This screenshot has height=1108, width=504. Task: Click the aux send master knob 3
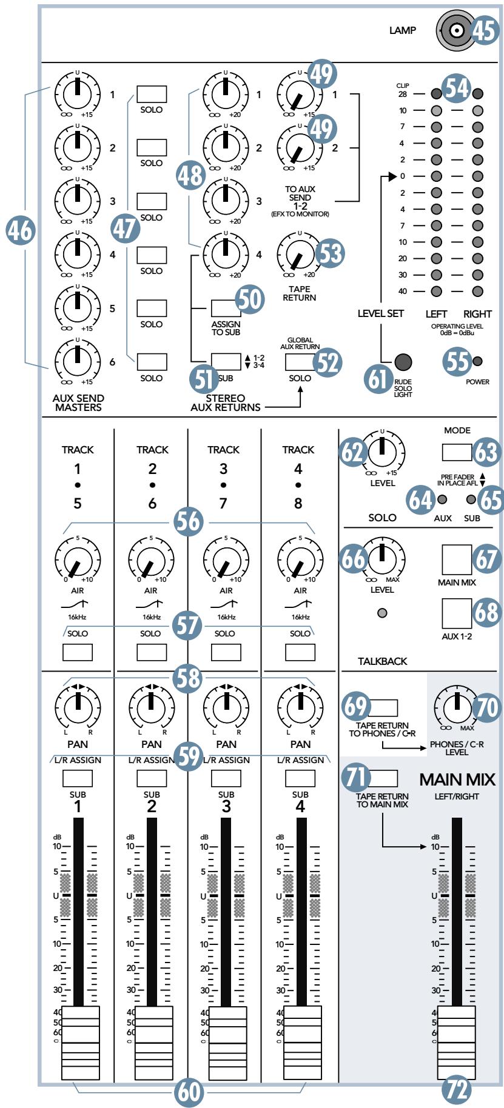[x=77, y=199]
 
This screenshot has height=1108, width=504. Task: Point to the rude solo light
[x=403, y=362]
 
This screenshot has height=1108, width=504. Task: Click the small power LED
[x=477, y=362]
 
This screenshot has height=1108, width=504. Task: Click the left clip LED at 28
[x=436, y=94]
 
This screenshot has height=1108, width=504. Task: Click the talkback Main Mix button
[x=456, y=559]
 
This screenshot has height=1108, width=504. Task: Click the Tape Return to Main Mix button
[x=383, y=778]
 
